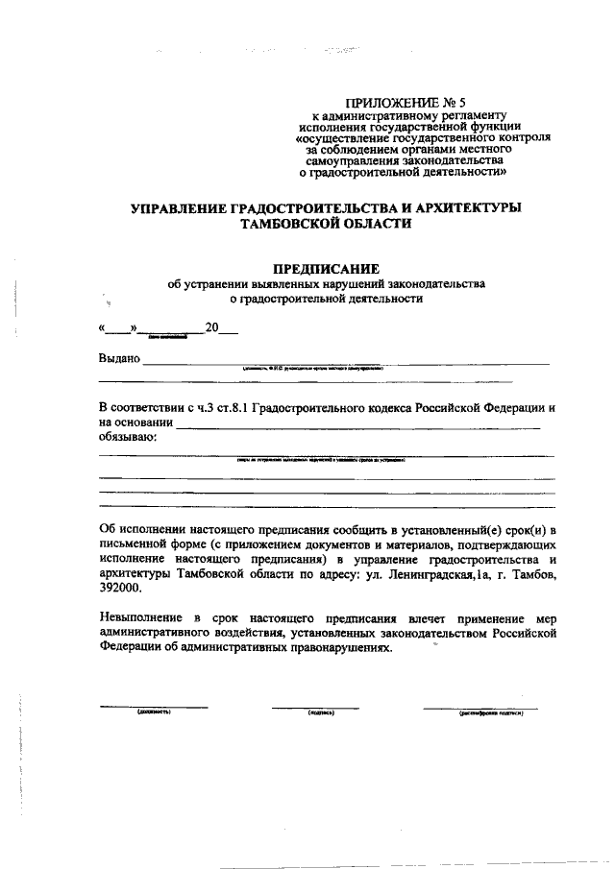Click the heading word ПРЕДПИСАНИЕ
pos(327,268)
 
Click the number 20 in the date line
pos(213,329)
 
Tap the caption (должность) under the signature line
pos(154,712)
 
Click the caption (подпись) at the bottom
pos(320,712)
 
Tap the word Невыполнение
pos(140,619)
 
